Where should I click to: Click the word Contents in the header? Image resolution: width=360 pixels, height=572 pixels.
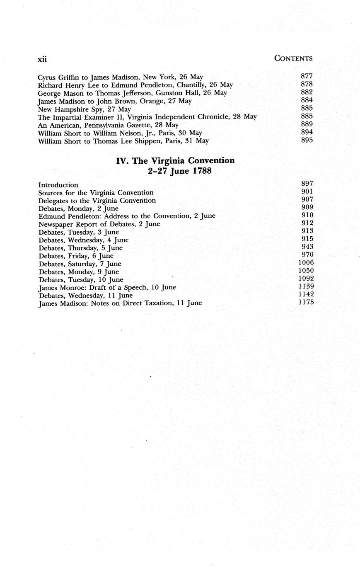click(293, 58)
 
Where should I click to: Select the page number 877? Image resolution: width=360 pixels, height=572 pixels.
click(307, 76)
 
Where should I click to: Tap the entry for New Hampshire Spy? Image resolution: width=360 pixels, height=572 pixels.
click(84, 109)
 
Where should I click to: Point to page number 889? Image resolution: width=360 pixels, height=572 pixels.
click(307, 124)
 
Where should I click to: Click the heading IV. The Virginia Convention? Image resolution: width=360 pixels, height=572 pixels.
click(175, 160)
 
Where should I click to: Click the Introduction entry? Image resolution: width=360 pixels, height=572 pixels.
click(58, 185)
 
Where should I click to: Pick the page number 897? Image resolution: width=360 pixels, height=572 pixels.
click(307, 183)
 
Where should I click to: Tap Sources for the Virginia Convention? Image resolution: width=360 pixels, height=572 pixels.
click(96, 193)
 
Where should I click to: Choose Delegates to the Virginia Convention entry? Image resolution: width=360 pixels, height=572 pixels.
click(97, 201)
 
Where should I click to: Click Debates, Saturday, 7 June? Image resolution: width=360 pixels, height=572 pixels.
click(80, 264)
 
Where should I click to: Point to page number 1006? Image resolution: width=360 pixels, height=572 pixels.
click(306, 262)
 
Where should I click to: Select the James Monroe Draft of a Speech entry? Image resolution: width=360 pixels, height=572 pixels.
click(107, 287)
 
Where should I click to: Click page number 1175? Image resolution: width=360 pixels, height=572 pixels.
click(306, 302)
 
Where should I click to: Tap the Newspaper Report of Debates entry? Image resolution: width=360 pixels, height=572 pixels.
click(99, 224)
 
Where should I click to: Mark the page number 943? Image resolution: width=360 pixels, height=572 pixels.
click(307, 247)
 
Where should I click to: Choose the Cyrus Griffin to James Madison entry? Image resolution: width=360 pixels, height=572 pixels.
click(120, 77)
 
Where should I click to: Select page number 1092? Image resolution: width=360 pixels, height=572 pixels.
click(306, 278)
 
